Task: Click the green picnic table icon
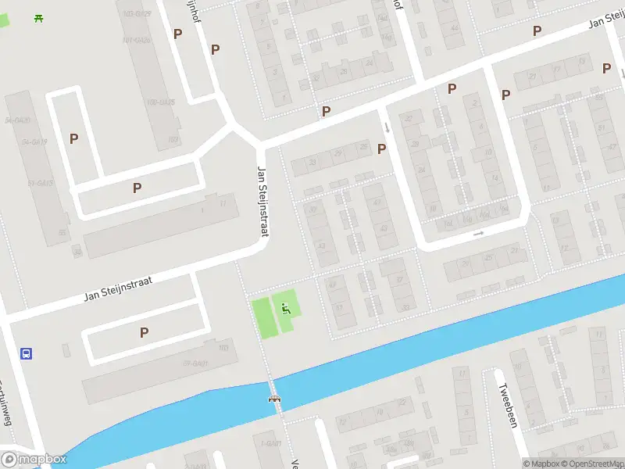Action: (38, 18)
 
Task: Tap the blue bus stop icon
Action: (26, 353)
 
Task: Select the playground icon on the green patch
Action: (284, 308)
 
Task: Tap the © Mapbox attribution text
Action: (540, 464)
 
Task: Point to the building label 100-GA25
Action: (160, 102)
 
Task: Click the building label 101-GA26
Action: (137, 39)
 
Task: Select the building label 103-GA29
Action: (137, 14)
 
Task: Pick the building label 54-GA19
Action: (35, 141)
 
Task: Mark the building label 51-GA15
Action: (41, 183)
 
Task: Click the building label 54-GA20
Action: (17, 120)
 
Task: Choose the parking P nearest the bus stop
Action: (144, 332)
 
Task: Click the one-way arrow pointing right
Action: (478, 233)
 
